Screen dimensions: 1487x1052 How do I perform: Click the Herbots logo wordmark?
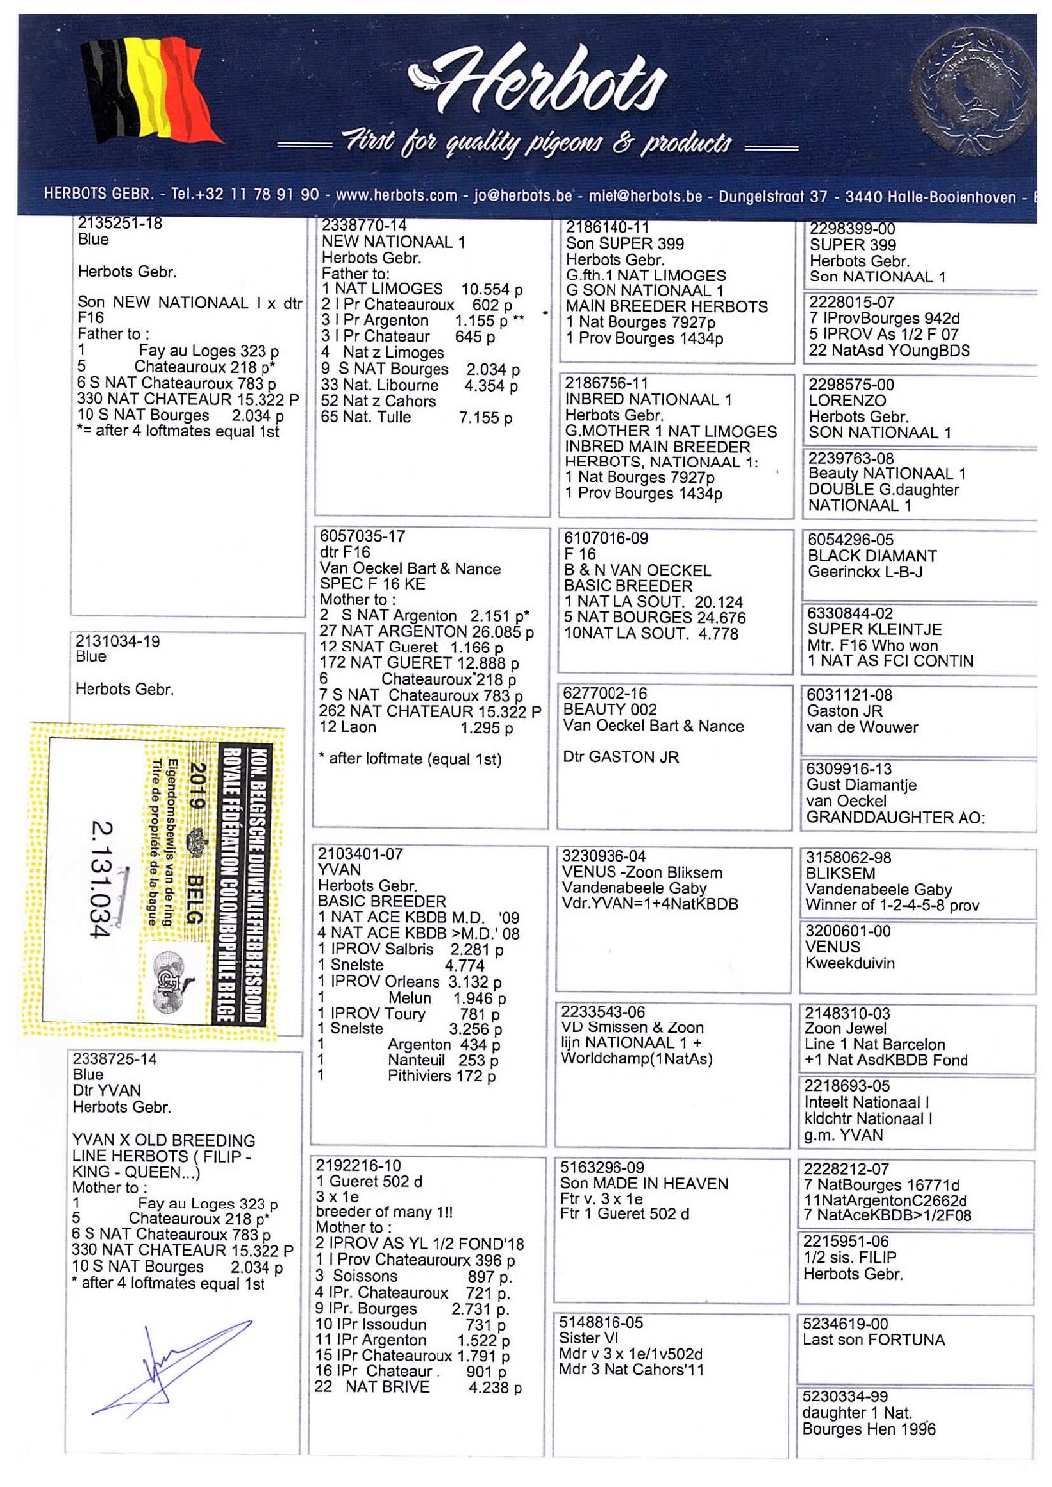[537, 85]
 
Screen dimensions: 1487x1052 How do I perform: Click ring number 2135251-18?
[119, 223]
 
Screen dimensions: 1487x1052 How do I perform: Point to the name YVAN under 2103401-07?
[340, 870]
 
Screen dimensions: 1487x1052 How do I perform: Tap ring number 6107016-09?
[607, 538]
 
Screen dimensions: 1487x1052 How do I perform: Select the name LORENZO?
[847, 401]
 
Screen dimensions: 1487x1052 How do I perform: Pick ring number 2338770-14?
[364, 226]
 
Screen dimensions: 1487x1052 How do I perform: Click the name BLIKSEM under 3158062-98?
[841, 873]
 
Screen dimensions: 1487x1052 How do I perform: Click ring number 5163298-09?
[602, 1167]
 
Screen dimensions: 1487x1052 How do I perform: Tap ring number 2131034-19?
[117, 641]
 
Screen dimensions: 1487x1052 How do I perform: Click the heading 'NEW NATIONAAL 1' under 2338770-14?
[394, 242]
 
